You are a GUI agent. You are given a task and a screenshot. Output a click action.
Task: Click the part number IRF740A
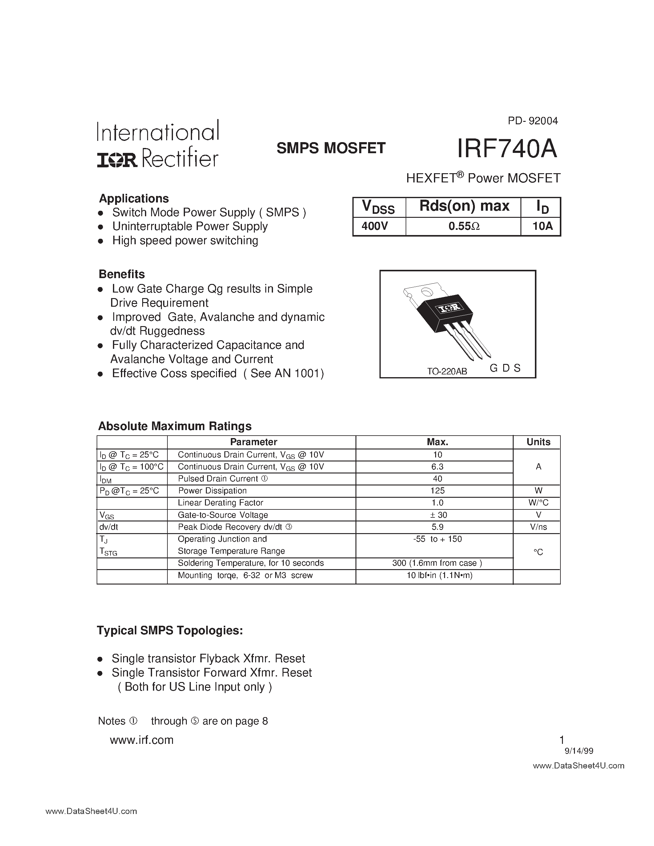point(507,149)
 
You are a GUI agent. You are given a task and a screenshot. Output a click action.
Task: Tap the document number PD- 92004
point(533,121)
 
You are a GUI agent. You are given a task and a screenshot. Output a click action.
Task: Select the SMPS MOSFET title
point(331,148)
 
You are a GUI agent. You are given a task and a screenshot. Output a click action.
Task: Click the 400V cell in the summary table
point(375,226)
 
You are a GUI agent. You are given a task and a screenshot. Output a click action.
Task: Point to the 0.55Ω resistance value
point(464,226)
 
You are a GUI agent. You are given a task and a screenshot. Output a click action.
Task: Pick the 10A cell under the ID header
point(542,226)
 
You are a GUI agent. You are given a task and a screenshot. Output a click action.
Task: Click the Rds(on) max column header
point(464,206)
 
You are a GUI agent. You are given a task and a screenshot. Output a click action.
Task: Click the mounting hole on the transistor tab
point(427,291)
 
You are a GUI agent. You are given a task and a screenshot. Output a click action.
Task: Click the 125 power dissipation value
point(437,491)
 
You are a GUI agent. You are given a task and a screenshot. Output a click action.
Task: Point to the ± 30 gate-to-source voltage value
point(437,515)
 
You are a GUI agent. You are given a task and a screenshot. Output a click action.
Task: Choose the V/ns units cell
point(538,527)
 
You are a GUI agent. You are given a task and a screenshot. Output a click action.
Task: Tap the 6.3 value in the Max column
point(437,467)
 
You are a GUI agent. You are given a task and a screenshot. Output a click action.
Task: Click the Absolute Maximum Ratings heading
point(175,426)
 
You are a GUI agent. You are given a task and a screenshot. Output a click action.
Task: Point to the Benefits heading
point(122,274)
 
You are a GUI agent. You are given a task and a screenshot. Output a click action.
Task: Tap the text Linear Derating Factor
point(220,503)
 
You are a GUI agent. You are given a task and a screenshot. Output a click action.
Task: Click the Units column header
point(538,442)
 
